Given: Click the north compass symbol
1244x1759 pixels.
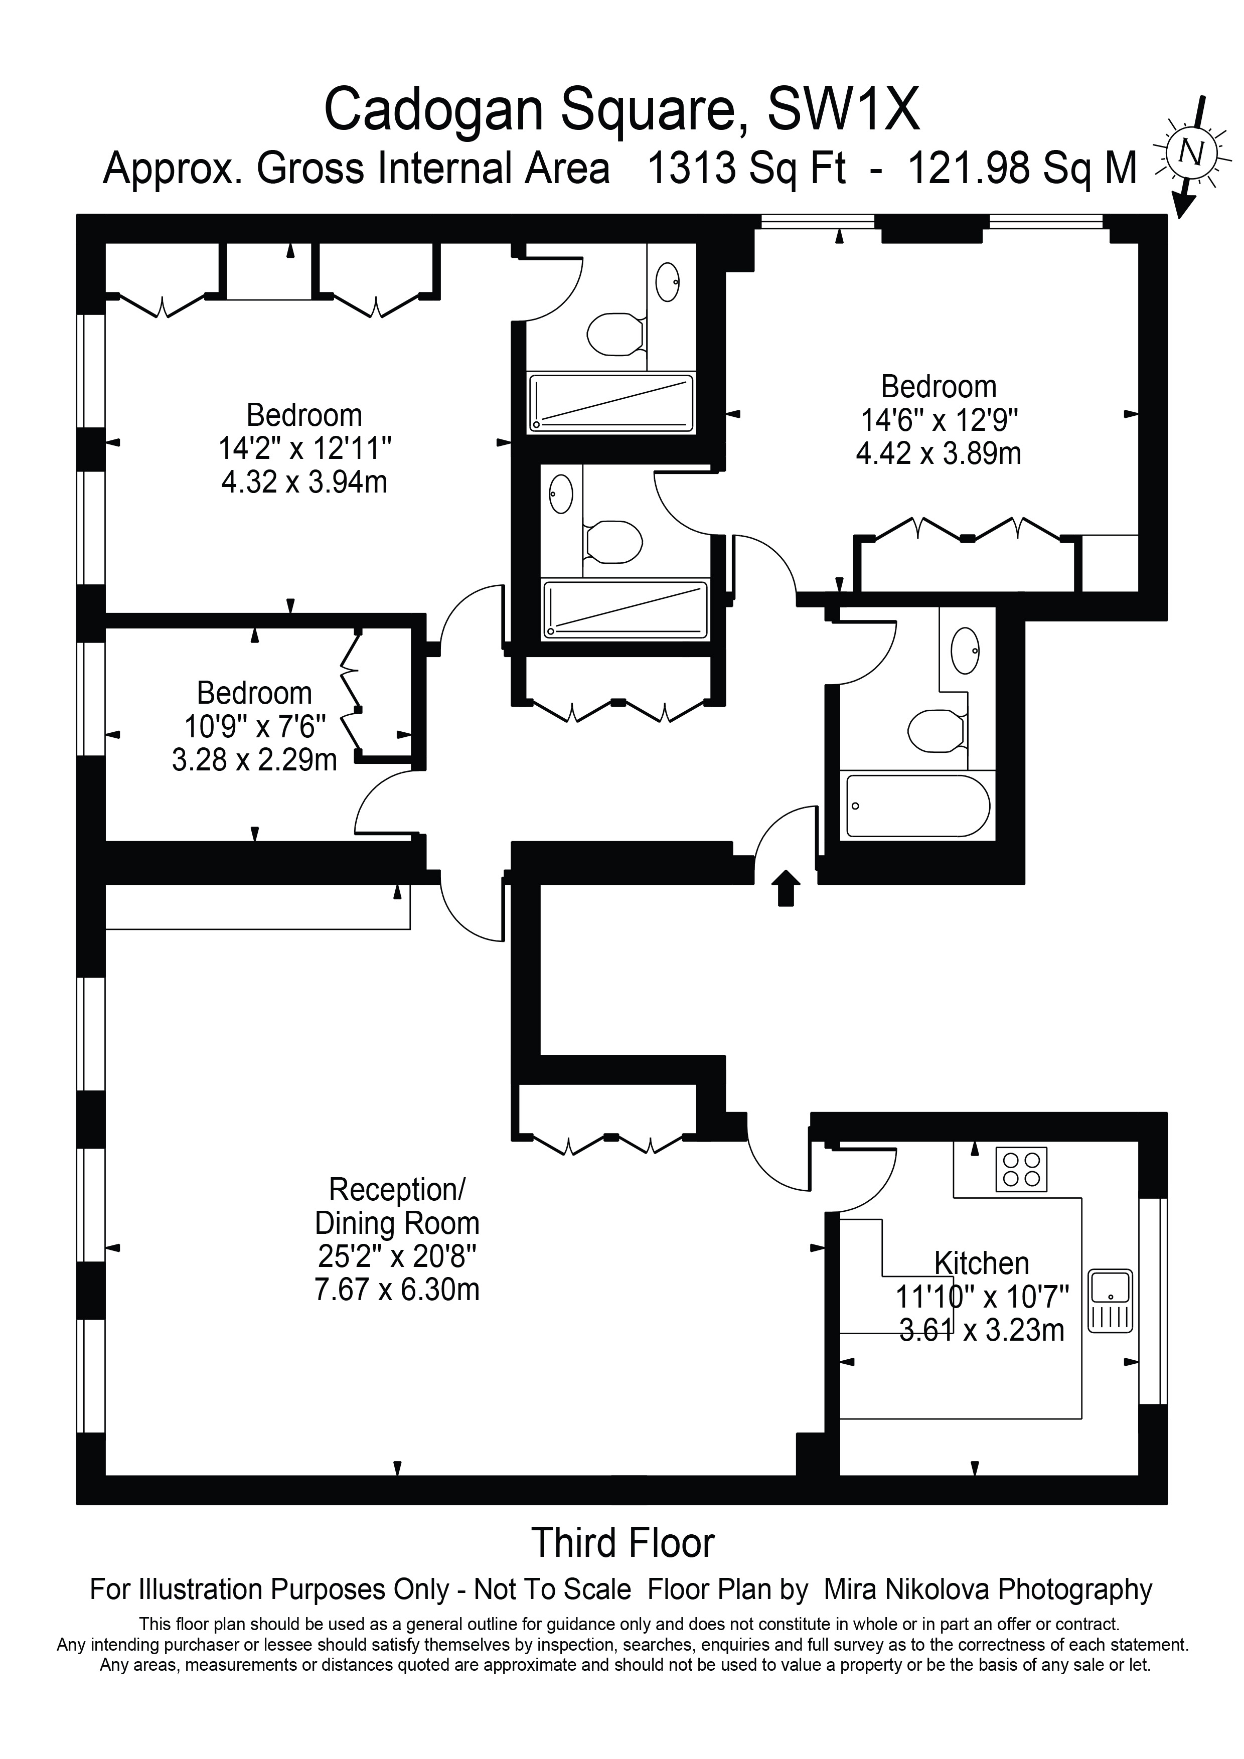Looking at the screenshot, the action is coord(1190,153).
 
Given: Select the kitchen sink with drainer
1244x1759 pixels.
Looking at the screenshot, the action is coord(1110,1301).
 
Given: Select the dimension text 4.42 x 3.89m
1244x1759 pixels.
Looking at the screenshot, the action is coord(939,453).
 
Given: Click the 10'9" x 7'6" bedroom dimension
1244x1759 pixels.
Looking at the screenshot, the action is coord(255,725).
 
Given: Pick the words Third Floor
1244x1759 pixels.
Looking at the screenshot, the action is coord(623,1542).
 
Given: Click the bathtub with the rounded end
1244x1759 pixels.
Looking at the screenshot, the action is coord(917,806).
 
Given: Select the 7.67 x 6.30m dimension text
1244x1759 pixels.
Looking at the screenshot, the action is coord(397,1290).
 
